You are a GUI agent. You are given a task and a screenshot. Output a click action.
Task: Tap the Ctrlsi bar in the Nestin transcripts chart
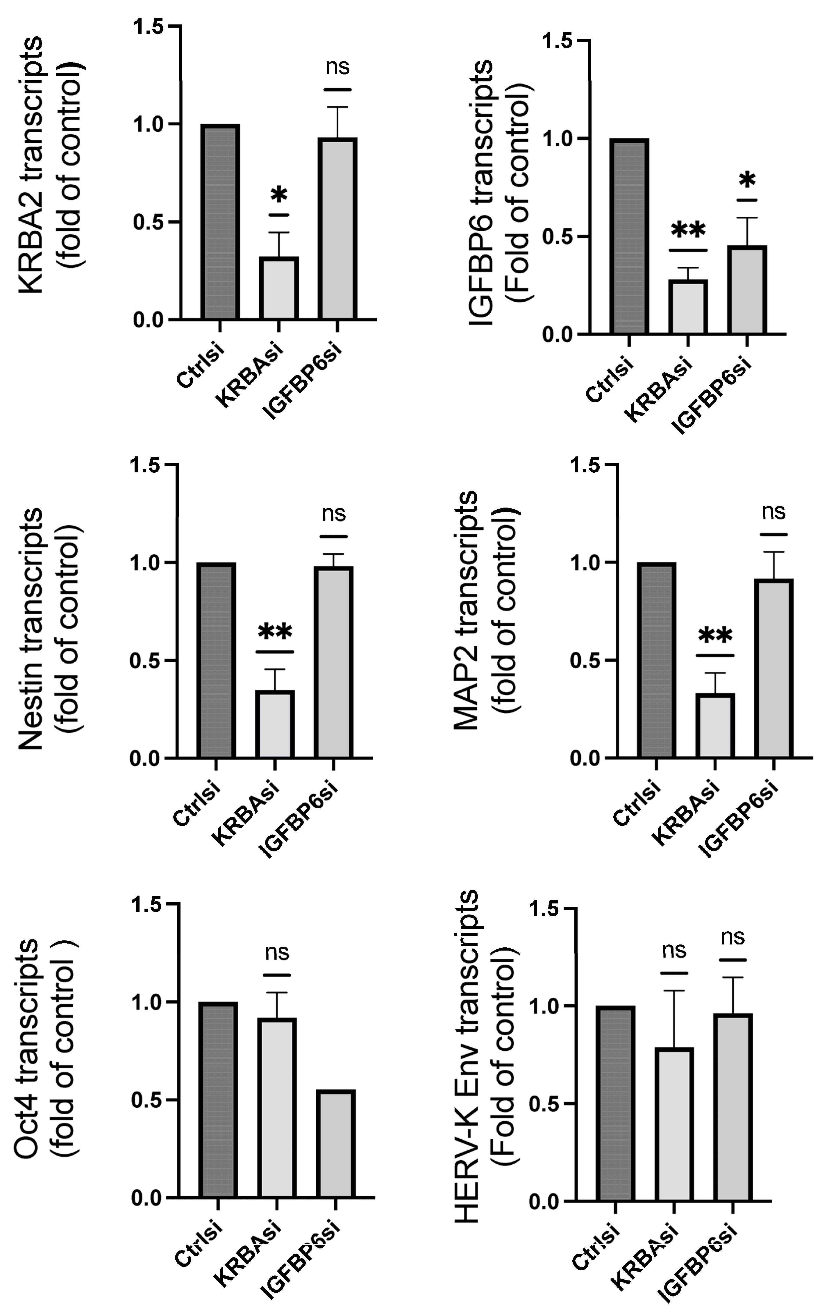click(x=216, y=660)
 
